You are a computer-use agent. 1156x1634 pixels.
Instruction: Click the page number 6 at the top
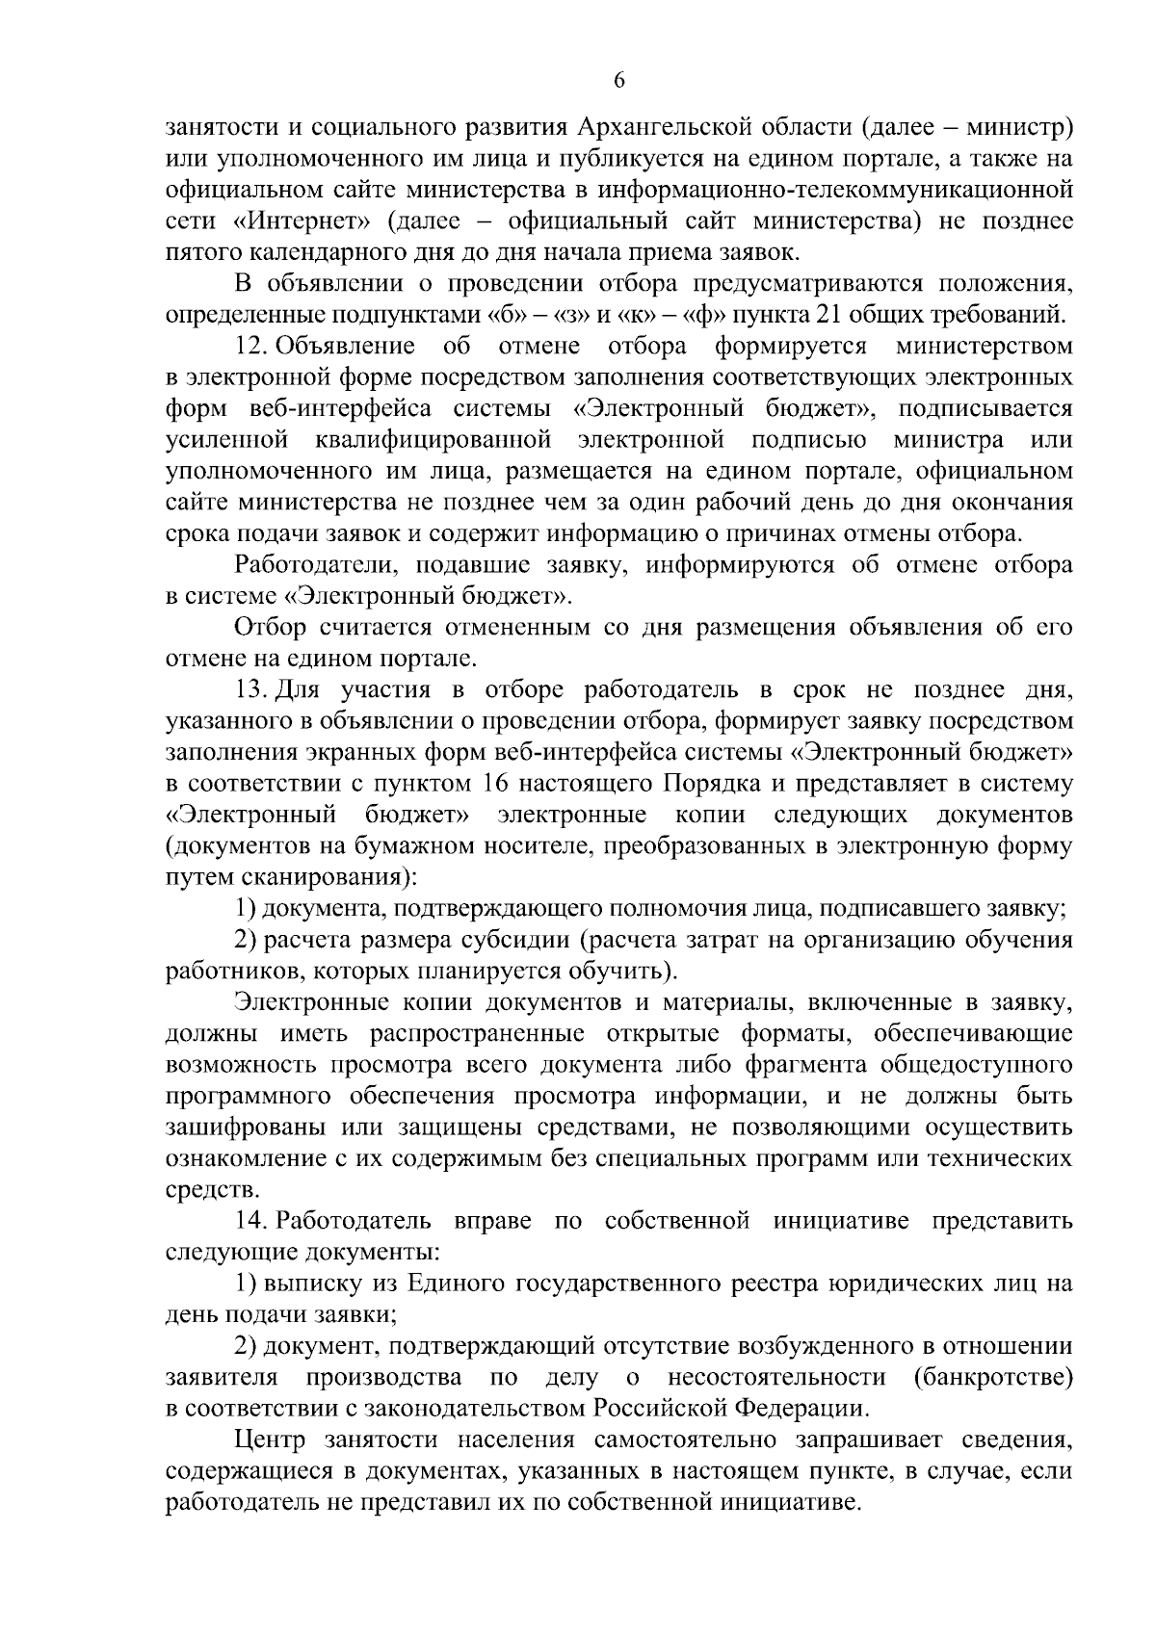pos(619,82)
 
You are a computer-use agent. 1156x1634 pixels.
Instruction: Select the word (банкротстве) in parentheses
pos(992,1377)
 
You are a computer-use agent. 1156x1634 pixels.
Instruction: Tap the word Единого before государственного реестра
pos(455,1284)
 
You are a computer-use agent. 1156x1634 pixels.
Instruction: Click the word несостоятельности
pos(776,1377)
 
